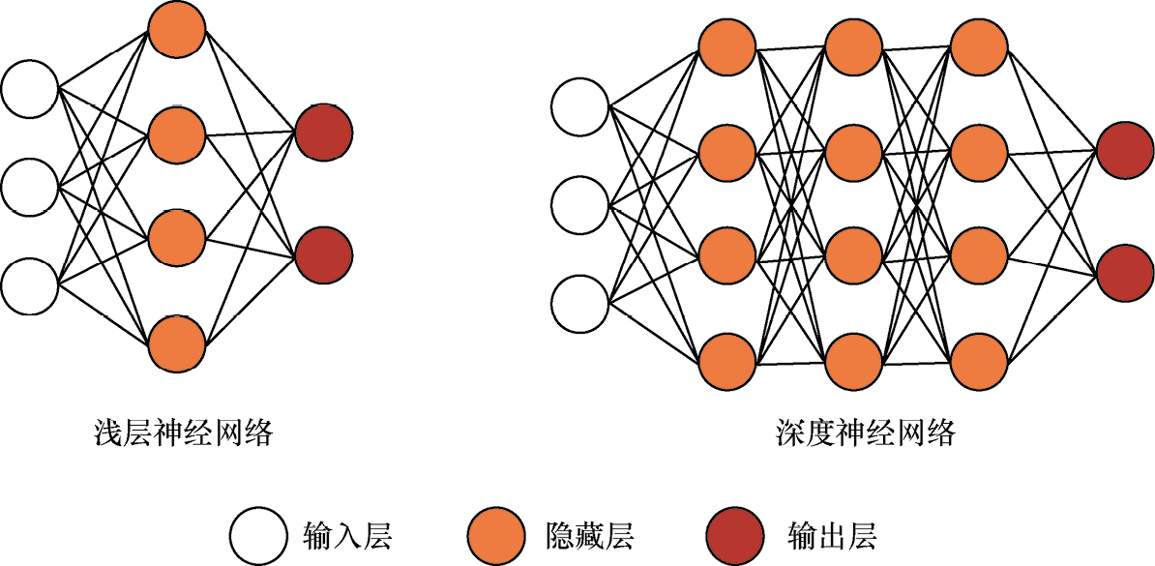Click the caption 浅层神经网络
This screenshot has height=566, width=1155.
pyautogui.click(x=184, y=432)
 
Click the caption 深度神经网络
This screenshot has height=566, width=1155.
pyautogui.click(x=866, y=432)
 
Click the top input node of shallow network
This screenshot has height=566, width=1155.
pyautogui.click(x=30, y=89)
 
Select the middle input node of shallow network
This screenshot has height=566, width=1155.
pyautogui.click(x=30, y=186)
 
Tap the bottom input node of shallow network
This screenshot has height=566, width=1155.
pyautogui.click(x=30, y=285)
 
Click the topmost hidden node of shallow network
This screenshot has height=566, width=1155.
pyautogui.click(x=177, y=29)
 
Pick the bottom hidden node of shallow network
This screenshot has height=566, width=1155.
pyautogui.click(x=177, y=342)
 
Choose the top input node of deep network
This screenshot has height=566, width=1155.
pyautogui.click(x=580, y=106)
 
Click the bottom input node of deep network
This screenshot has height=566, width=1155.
pyautogui.click(x=580, y=303)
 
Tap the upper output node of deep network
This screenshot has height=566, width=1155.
pyautogui.click(x=1125, y=151)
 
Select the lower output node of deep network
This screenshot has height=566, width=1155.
pyautogui.click(x=1125, y=275)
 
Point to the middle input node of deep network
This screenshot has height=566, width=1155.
pyautogui.click(x=580, y=205)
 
